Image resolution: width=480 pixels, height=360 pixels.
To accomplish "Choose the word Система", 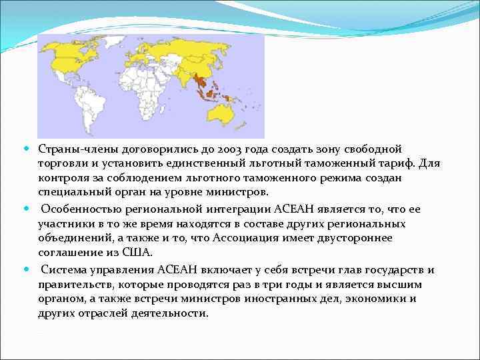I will tap(63, 269).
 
